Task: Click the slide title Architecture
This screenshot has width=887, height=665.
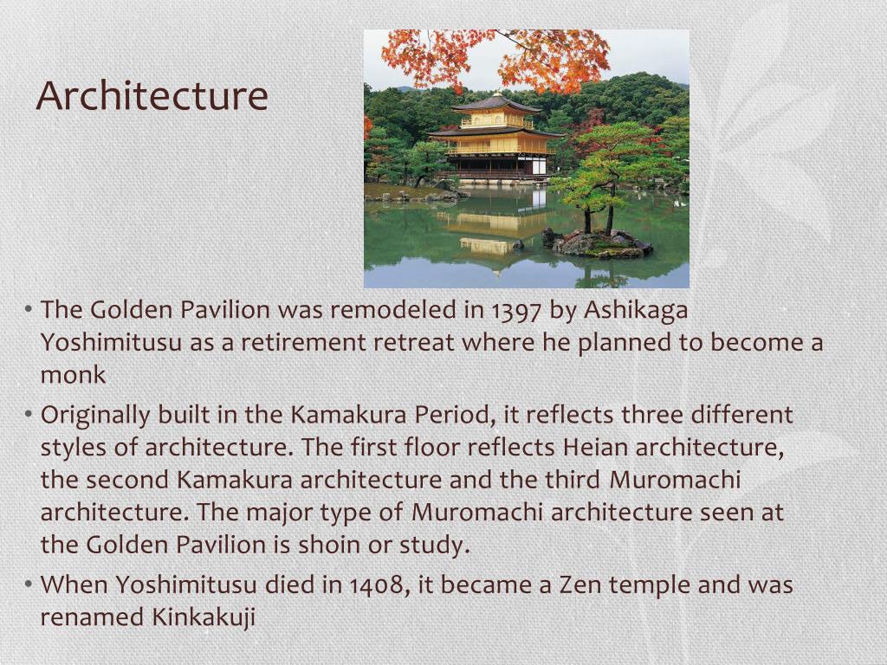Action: pyautogui.click(x=152, y=95)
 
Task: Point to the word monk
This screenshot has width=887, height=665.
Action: pyautogui.click(x=73, y=375)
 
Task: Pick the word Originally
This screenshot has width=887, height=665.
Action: pyautogui.click(x=95, y=415)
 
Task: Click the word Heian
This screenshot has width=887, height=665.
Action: pyautogui.click(x=595, y=448)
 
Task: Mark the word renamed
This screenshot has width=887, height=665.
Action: pyautogui.click(x=93, y=617)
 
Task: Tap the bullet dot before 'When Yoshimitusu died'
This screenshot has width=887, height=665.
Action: pyautogui.click(x=29, y=584)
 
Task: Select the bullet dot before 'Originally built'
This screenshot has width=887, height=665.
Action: pyautogui.click(x=29, y=415)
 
